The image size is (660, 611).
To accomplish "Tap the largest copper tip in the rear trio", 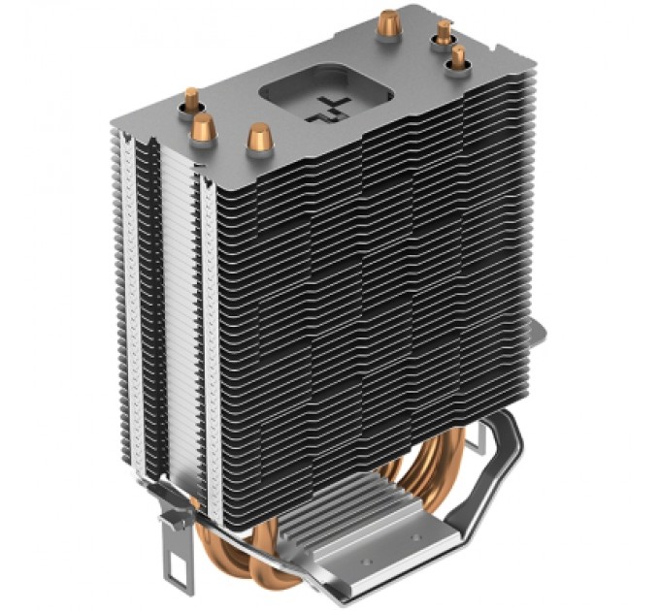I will tap(391, 20).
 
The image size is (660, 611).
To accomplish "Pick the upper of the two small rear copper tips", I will tap(445, 32).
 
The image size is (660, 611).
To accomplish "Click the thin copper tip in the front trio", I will tap(192, 98).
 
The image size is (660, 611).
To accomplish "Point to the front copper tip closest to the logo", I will tap(258, 136).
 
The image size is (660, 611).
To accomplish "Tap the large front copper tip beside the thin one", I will tap(205, 125).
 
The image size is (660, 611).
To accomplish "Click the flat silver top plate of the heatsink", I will tap(320, 68).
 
